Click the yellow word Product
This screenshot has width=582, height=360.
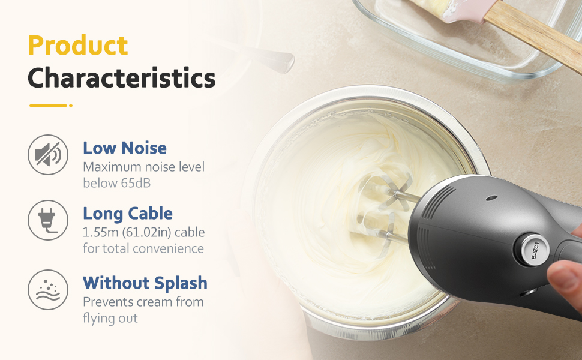(78, 45)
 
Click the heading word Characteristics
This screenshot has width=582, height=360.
(122, 77)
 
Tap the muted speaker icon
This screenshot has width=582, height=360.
(48, 155)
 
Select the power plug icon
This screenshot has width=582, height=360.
(48, 220)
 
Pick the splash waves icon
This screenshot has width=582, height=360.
(48, 290)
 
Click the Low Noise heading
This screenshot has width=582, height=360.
(125, 148)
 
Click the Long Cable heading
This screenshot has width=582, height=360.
(128, 214)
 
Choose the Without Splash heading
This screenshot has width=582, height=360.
(145, 283)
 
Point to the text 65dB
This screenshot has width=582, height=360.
(136, 183)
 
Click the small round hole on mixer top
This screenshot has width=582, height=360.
(491, 198)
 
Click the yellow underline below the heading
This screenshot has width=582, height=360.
(51, 106)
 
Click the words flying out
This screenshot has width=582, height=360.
(110, 319)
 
